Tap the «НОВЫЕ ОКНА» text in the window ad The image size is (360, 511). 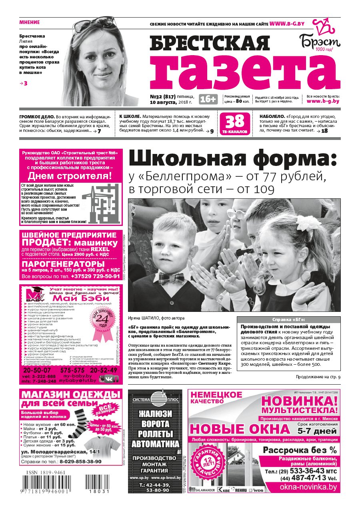coord(240,429)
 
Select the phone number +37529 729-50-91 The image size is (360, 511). coord(96,276)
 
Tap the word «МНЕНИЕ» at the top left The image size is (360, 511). coord(30,22)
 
